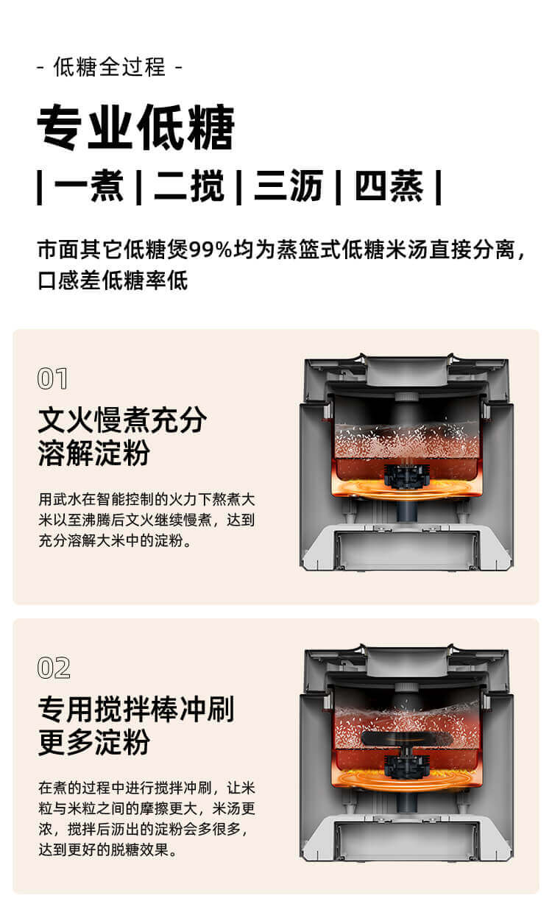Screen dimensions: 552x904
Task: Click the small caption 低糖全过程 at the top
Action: [x=110, y=66]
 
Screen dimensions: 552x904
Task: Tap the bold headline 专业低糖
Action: [x=135, y=127]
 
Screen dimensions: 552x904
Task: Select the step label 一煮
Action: [x=88, y=186]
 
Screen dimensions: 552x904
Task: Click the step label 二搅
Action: [x=189, y=186]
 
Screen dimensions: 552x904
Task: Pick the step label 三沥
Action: [x=289, y=186]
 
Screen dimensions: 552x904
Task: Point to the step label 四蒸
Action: [x=389, y=186]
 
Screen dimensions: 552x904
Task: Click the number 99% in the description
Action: [x=211, y=250]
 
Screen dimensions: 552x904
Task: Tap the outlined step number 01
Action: [x=52, y=378]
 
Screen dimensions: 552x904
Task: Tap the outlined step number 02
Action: [x=54, y=668]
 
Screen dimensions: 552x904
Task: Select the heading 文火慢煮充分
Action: [x=122, y=420]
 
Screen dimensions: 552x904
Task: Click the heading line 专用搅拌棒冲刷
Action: [x=136, y=709]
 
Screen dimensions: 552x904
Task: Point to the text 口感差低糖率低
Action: [x=113, y=280]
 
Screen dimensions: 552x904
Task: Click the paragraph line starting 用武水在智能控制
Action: [x=147, y=499]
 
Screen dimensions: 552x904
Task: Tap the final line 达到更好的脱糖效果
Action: [x=107, y=850]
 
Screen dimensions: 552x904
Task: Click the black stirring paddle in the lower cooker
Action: [x=406, y=738]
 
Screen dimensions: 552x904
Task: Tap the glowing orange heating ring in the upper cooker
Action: [x=406, y=489]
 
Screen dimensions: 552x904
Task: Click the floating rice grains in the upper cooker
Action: [x=406, y=441]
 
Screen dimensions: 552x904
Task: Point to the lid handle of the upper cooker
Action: [x=407, y=370]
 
